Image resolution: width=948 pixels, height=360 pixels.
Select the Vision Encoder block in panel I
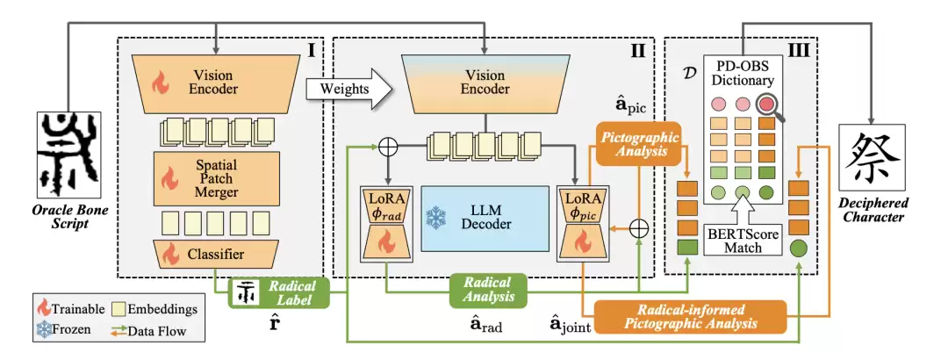[214, 83]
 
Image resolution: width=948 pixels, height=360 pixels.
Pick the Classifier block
[214, 256]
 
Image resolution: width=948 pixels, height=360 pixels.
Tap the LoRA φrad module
[384, 223]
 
